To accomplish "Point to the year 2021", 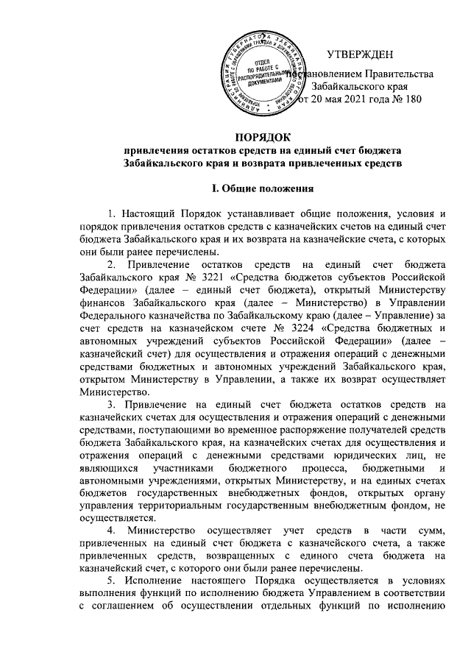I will (x=347, y=100).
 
